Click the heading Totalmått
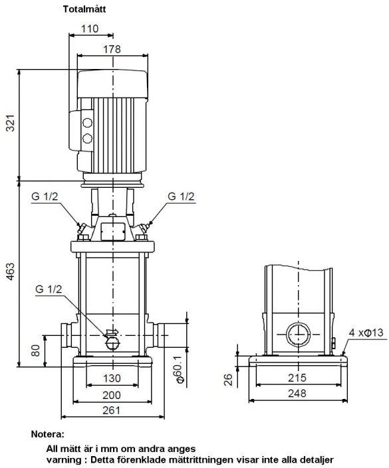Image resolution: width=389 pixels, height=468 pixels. coord(84,9)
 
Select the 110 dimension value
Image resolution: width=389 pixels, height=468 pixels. coord(90,29)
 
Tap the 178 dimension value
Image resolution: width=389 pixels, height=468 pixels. coord(112,49)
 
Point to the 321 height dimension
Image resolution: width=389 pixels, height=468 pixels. coord(11,123)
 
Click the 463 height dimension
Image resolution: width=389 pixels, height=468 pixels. coord(11,272)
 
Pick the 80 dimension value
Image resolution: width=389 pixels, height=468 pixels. coord(35,351)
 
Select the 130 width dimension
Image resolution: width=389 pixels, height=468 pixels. coord(112,378)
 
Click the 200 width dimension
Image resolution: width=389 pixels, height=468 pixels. coord(112,395)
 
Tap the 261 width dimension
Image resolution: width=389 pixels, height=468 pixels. coord(111,410)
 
